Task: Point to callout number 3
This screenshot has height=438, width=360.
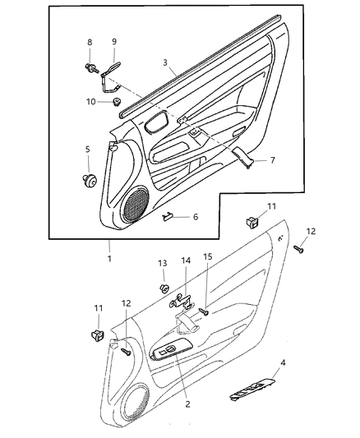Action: coord(166,63)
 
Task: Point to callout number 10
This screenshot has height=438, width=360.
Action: coord(91,101)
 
